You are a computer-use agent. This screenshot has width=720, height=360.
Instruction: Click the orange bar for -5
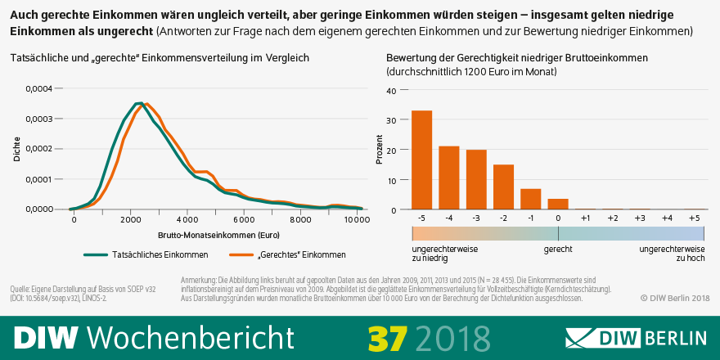[x=421, y=160]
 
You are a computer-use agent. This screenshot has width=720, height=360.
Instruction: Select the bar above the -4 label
[x=448, y=178]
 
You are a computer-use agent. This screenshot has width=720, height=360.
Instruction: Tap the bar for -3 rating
[x=476, y=180]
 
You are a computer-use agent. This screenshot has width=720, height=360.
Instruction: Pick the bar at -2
[x=503, y=187]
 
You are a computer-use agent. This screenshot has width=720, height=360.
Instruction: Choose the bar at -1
[x=531, y=199]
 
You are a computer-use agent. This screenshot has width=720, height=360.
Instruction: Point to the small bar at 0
[x=558, y=204]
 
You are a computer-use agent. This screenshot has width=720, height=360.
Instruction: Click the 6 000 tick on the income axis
[x=245, y=220]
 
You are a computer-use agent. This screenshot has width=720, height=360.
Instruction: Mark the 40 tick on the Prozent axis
[x=391, y=90]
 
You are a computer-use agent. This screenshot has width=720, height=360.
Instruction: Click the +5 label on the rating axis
[x=694, y=219]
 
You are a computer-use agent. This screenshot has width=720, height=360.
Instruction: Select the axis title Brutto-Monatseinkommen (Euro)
[x=214, y=235]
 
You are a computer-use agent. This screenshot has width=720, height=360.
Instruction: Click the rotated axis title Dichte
[x=17, y=150]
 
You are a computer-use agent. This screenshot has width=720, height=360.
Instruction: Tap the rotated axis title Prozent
[x=379, y=151]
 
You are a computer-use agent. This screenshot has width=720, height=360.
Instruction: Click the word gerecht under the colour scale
[x=558, y=248]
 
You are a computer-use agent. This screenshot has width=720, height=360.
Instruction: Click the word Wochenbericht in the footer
[x=190, y=337]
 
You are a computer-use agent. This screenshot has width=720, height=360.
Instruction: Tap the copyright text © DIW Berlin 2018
[x=675, y=298]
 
